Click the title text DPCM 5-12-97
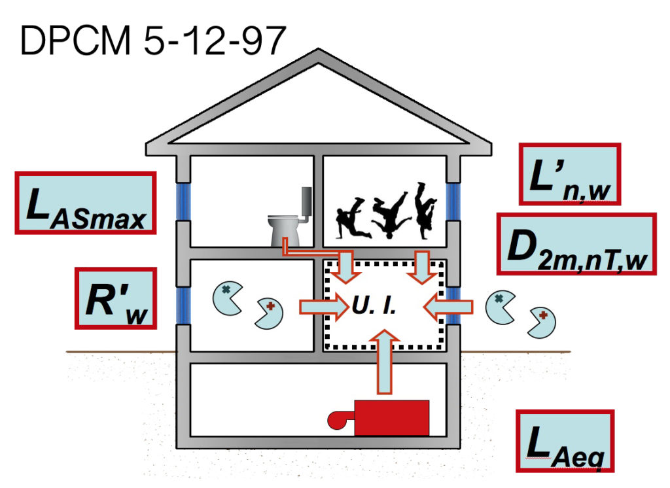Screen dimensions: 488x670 click(152, 40)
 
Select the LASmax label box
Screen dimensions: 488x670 click(86, 203)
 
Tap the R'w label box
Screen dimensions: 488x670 click(116, 298)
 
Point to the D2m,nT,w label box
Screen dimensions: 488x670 click(576, 244)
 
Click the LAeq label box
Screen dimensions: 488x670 click(565, 440)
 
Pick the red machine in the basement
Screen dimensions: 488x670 click(390, 417)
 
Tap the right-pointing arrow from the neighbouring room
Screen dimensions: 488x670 click(324, 306)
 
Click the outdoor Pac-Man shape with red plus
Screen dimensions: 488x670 click(542, 321)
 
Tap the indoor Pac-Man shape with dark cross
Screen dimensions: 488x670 click(226, 295)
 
